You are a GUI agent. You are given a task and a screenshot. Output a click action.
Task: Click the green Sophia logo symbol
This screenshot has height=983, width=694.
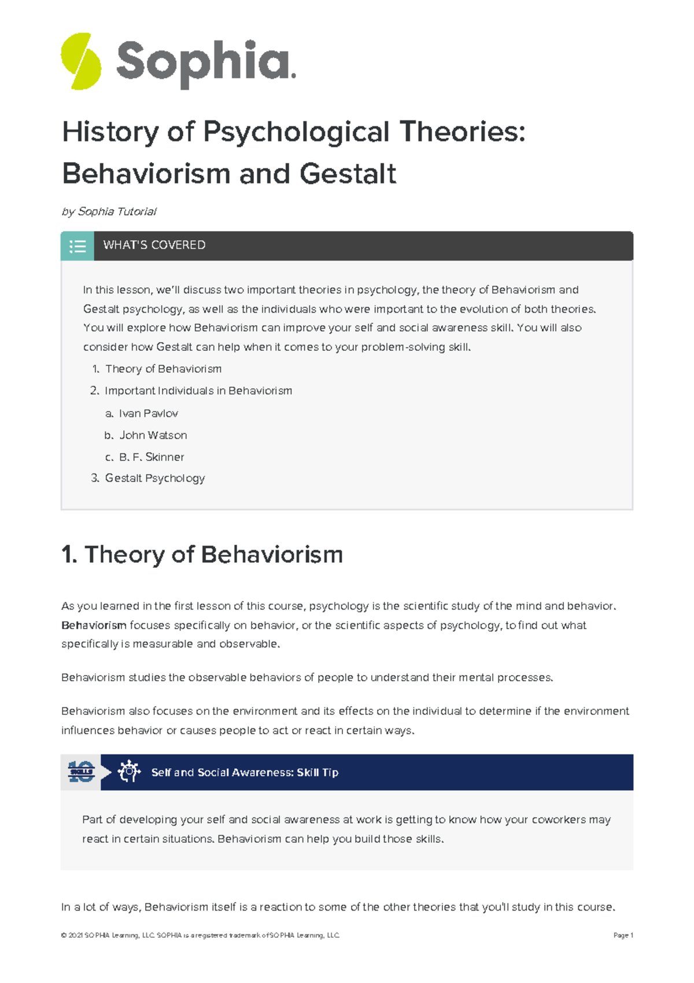[81, 61]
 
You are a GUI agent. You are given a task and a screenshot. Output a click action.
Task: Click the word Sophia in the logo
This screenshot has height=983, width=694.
[205, 63]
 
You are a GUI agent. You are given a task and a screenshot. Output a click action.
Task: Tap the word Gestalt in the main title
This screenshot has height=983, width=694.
[348, 174]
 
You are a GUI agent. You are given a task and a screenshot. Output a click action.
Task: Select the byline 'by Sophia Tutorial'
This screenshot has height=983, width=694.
[109, 211]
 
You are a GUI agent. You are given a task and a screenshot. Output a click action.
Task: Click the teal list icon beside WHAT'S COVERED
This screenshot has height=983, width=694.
[77, 246]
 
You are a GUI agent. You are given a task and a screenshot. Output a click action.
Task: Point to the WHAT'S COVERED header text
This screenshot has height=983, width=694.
[154, 245]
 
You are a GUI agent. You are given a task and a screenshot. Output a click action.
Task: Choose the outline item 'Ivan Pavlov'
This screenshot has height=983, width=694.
[148, 413]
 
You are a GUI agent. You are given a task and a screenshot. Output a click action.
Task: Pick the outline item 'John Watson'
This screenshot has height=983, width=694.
[153, 435]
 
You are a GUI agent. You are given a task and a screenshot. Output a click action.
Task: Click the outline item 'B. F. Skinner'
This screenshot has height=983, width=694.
[151, 457]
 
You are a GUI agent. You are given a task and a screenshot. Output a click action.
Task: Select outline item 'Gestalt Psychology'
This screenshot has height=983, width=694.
[154, 478]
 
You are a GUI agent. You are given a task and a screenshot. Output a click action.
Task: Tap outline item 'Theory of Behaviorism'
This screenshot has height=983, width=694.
[163, 369]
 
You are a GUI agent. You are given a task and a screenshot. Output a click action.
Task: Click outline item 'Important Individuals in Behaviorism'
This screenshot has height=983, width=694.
[198, 391]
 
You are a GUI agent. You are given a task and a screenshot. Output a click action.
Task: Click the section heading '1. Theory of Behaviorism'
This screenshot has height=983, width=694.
[202, 555]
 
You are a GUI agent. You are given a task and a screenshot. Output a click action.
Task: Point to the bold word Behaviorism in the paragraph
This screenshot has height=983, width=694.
[94, 625]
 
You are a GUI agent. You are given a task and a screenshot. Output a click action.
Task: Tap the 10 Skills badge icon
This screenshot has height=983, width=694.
[81, 772]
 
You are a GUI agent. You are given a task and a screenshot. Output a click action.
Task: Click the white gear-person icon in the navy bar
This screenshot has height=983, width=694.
[128, 772]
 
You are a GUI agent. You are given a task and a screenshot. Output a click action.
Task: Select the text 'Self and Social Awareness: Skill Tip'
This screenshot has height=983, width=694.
[245, 772]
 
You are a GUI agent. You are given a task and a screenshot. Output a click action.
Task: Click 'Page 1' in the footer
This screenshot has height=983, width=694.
[623, 935]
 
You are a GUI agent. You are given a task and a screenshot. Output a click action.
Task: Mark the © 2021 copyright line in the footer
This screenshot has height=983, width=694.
[200, 935]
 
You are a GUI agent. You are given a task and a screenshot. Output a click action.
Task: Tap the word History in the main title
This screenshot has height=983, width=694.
[110, 132]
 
